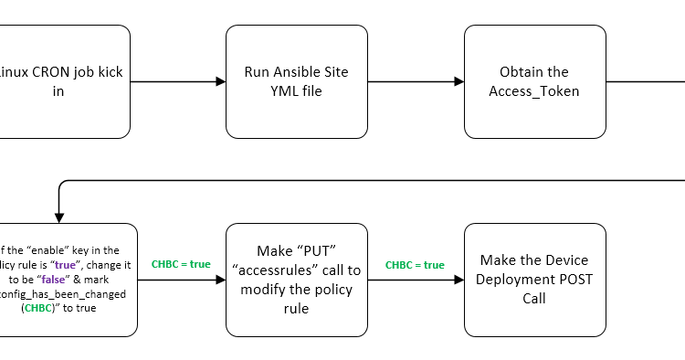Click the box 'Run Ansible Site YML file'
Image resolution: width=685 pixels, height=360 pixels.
(x=297, y=81)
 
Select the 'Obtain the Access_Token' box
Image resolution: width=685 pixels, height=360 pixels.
(x=534, y=81)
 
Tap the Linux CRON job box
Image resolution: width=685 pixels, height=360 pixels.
(x=64, y=81)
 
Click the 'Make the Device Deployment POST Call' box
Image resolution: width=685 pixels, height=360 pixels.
(x=534, y=280)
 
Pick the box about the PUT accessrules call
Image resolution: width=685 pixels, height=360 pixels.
(x=297, y=280)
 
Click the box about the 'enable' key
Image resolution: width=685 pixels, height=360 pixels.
(x=68, y=280)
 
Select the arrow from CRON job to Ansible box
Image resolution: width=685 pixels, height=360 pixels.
(x=178, y=81)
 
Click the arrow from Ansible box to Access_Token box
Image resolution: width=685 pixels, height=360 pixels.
(x=416, y=81)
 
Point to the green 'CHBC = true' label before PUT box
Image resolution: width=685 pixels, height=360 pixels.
(x=181, y=264)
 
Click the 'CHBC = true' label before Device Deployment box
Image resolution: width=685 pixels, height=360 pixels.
(x=415, y=265)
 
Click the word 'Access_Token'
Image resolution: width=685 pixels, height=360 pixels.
(x=534, y=90)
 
